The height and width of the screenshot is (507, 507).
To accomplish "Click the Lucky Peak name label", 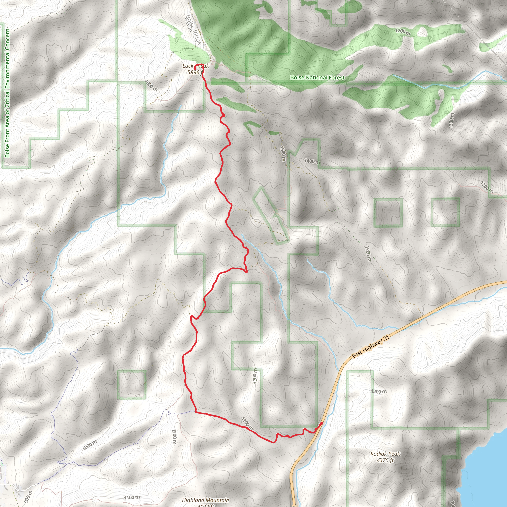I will point(196,66).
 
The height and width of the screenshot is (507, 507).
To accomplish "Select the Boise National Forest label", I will point(317,78).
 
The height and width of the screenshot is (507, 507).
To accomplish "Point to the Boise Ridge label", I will point(194,29).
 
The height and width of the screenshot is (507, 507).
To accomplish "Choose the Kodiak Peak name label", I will point(385,454).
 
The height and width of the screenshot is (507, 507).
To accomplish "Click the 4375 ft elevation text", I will point(385,460).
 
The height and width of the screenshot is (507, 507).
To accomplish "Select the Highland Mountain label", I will point(205,500).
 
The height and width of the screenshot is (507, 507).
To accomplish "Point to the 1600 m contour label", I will point(151,86).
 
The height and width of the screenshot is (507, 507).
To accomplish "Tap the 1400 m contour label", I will point(312,161).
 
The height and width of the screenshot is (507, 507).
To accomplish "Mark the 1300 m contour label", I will point(451,121).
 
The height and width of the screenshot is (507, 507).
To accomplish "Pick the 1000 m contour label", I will point(89,445).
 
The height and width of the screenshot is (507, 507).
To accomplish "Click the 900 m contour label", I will point(28,497).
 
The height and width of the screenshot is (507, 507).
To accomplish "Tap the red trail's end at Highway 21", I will point(322,423).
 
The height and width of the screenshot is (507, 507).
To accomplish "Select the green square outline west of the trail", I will point(131,384).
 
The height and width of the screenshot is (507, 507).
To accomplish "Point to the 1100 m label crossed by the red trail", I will point(247,423).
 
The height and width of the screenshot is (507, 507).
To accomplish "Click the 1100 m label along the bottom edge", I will point(132,497).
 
